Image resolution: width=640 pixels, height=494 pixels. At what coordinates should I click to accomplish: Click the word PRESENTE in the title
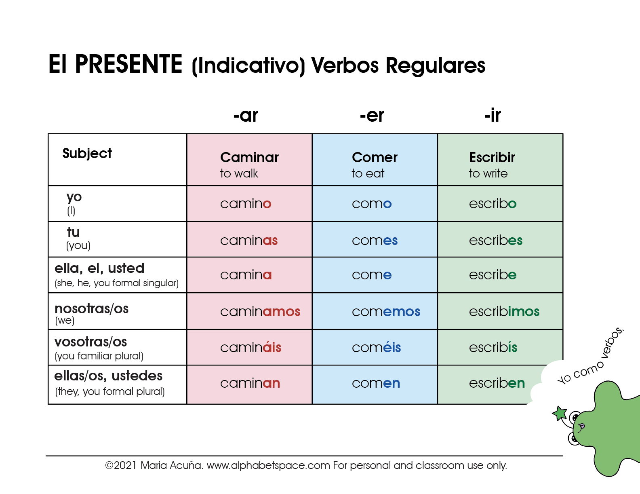pyautogui.click(x=128, y=64)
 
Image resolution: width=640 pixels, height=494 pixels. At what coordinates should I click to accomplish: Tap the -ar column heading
pyautogui.click(x=246, y=116)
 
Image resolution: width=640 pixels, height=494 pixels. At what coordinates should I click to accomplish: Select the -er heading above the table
pyautogui.click(x=372, y=116)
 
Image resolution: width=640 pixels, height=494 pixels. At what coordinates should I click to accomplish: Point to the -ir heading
pyautogui.click(x=493, y=116)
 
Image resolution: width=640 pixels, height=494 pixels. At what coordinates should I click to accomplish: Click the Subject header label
pyautogui.click(x=87, y=154)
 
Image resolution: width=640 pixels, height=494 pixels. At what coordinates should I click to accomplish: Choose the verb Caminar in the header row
pyautogui.click(x=249, y=157)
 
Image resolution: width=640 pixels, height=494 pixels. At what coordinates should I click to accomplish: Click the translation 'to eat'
pyautogui.click(x=368, y=173)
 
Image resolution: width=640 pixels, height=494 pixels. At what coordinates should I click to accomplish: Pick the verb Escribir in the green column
pyautogui.click(x=492, y=157)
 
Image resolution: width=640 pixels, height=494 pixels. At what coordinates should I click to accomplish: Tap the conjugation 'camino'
pyautogui.click(x=246, y=204)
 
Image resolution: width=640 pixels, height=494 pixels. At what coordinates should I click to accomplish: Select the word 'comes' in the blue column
pyautogui.click(x=375, y=241)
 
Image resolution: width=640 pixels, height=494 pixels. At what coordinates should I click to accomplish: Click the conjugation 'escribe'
pyautogui.click(x=493, y=275)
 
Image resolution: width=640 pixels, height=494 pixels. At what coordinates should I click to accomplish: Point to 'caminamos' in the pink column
pyautogui.click(x=260, y=312)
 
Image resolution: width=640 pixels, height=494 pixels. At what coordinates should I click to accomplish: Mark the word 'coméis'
pyautogui.click(x=376, y=347)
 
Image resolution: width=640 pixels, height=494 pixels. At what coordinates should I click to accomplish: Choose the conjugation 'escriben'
pyautogui.click(x=497, y=383)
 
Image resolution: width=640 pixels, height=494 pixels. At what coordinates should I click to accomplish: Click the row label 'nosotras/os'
pyautogui.click(x=91, y=309)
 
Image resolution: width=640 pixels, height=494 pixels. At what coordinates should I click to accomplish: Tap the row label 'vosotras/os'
pyautogui.click(x=91, y=342)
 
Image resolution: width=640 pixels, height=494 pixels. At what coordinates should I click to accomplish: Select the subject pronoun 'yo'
pyautogui.click(x=74, y=197)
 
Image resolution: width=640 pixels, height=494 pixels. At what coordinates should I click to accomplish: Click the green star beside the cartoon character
pyautogui.click(x=560, y=413)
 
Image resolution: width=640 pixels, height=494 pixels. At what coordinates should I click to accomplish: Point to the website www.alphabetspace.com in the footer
pyautogui.click(x=268, y=466)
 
